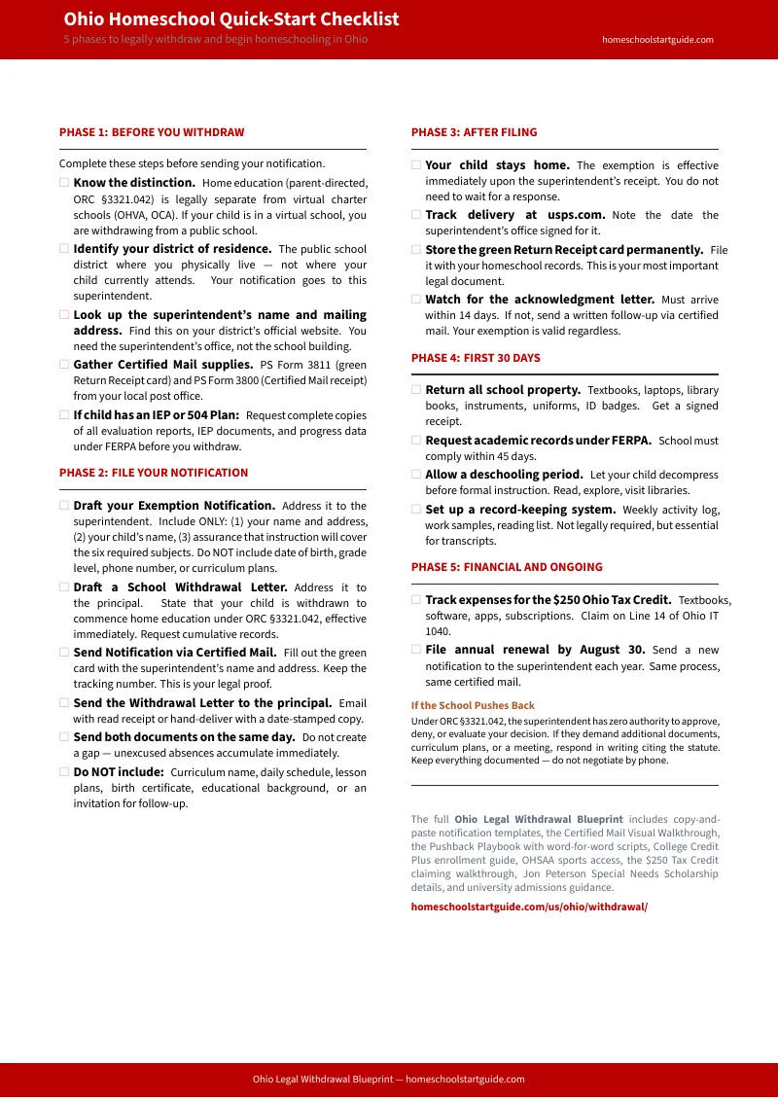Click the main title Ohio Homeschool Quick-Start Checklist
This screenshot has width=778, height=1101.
pyautogui.click(x=231, y=19)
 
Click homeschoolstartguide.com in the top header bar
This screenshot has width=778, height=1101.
pyautogui.click(x=657, y=40)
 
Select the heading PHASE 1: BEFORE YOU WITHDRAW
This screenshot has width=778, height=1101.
pyautogui.click(x=152, y=132)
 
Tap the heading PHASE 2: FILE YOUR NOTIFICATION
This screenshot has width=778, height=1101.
pyautogui.click(x=154, y=473)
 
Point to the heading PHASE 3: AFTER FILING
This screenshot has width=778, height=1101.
pyautogui.click(x=474, y=132)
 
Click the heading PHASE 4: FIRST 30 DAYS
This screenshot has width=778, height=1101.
pyautogui.click(x=476, y=358)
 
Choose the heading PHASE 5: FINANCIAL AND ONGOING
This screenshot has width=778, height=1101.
pyautogui.click(x=507, y=567)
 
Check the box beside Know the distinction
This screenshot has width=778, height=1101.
pyautogui.click(x=64, y=182)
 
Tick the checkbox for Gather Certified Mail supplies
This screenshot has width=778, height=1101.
pyautogui.click(x=64, y=365)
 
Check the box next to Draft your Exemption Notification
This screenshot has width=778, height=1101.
pyautogui.click(x=64, y=506)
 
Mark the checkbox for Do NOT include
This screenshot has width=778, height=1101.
pyautogui.click(x=64, y=772)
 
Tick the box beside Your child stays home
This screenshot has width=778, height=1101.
pyautogui.click(x=416, y=165)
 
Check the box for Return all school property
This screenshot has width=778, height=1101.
pyautogui.click(x=416, y=390)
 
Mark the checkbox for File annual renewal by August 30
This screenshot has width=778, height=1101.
pyautogui.click(x=416, y=650)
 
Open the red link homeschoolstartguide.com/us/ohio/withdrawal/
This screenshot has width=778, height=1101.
pyautogui.click(x=529, y=906)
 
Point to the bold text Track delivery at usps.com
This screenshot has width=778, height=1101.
pyautogui.click(x=515, y=215)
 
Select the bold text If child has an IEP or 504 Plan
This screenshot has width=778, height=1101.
pyautogui.click(x=157, y=415)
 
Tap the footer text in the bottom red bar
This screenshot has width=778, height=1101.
pyautogui.click(x=389, y=1080)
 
